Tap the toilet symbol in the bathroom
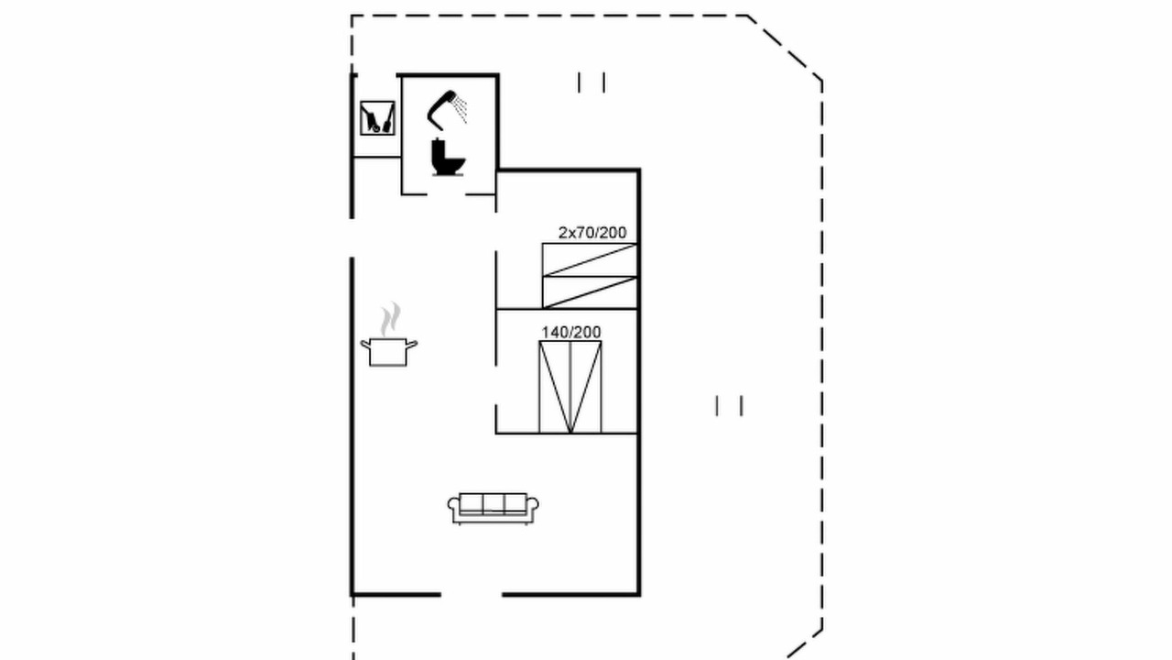click(x=448, y=157)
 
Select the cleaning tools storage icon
click(x=377, y=118)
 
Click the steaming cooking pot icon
click(x=389, y=352)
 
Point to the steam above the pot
click(x=390, y=320)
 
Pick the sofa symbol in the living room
click(x=493, y=508)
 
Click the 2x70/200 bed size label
click(x=592, y=233)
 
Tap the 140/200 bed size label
click(x=570, y=332)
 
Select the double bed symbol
click(x=570, y=387)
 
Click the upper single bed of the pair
click(x=590, y=259)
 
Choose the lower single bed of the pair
click(x=590, y=292)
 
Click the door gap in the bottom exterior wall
click(x=472, y=595)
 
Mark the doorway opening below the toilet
click(x=446, y=194)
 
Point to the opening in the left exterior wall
click(x=352, y=237)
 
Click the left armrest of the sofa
click(x=453, y=506)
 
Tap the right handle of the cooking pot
click(x=412, y=344)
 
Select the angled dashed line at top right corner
click(x=785, y=48)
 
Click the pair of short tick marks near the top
click(x=591, y=82)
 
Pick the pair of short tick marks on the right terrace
click(x=729, y=406)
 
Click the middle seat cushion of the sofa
click(x=494, y=503)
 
